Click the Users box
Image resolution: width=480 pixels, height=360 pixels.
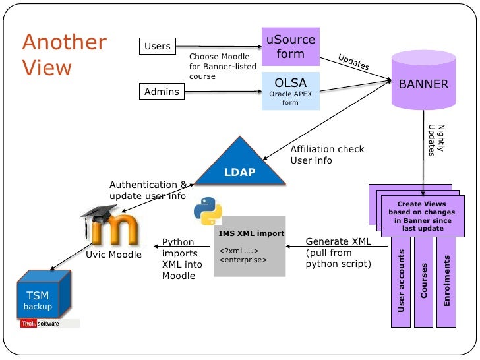point(157,46)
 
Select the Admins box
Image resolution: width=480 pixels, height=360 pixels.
point(162,92)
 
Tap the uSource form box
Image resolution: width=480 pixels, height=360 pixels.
point(290,47)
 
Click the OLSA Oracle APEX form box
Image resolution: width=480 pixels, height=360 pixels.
point(290,90)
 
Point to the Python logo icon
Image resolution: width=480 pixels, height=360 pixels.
point(208,213)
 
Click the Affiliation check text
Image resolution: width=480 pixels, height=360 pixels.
point(327,149)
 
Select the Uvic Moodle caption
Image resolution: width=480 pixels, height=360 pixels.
point(114,255)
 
